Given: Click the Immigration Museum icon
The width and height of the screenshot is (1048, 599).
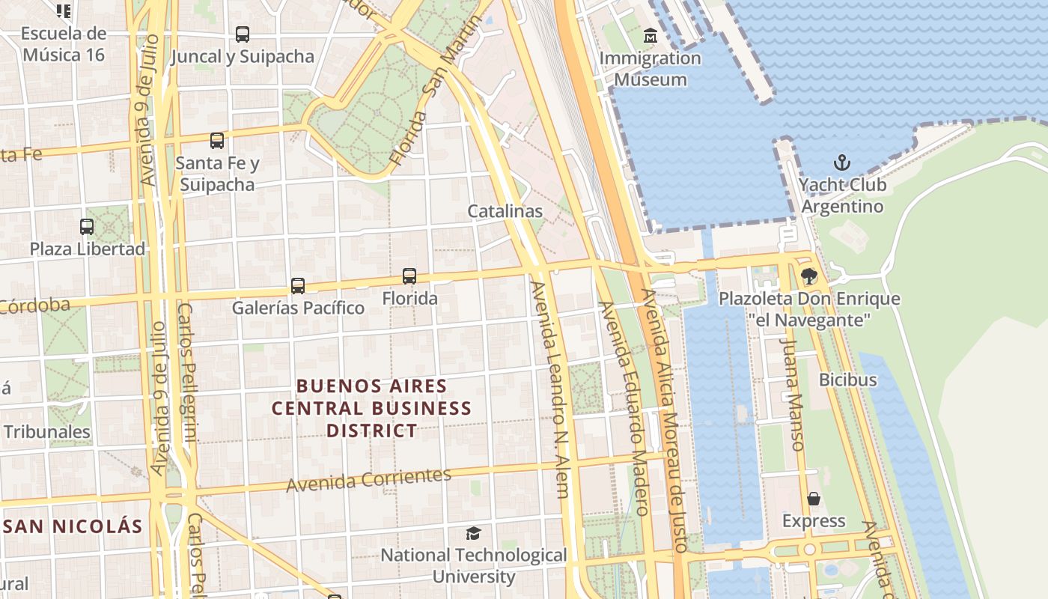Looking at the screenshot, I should pos(650,35).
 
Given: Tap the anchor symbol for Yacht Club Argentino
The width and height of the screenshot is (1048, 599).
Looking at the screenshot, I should pos(842,162).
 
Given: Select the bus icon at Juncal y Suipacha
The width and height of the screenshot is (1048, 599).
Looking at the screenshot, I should pos(242,34).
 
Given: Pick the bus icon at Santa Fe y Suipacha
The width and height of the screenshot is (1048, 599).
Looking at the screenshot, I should pos(217,140).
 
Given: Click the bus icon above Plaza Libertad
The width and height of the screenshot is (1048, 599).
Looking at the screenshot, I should pos(87,226).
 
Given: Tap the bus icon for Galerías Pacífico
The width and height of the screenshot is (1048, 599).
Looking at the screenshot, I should pos(298,285).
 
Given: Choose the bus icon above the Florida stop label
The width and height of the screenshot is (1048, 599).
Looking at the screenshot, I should pos(409,276).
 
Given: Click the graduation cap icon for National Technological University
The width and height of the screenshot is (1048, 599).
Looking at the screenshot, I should pos(473,533).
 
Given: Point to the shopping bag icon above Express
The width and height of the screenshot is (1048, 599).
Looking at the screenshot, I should pos(814,499).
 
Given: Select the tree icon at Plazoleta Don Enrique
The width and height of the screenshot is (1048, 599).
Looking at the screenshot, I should pos(808,276).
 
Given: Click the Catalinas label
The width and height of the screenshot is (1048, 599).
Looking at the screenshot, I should pos(505,211).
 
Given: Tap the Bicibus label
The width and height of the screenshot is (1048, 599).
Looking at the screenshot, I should pos(847,380).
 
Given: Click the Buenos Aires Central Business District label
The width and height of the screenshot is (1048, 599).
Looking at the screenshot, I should pos(371,408).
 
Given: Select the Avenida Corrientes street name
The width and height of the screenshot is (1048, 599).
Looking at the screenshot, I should pos(368,479).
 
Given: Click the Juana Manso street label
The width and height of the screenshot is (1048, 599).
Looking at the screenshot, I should pos(792,394).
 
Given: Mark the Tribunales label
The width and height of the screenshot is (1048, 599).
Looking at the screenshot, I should pos(46,432).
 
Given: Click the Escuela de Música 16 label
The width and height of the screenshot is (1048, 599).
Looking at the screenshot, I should pos(64,44).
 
